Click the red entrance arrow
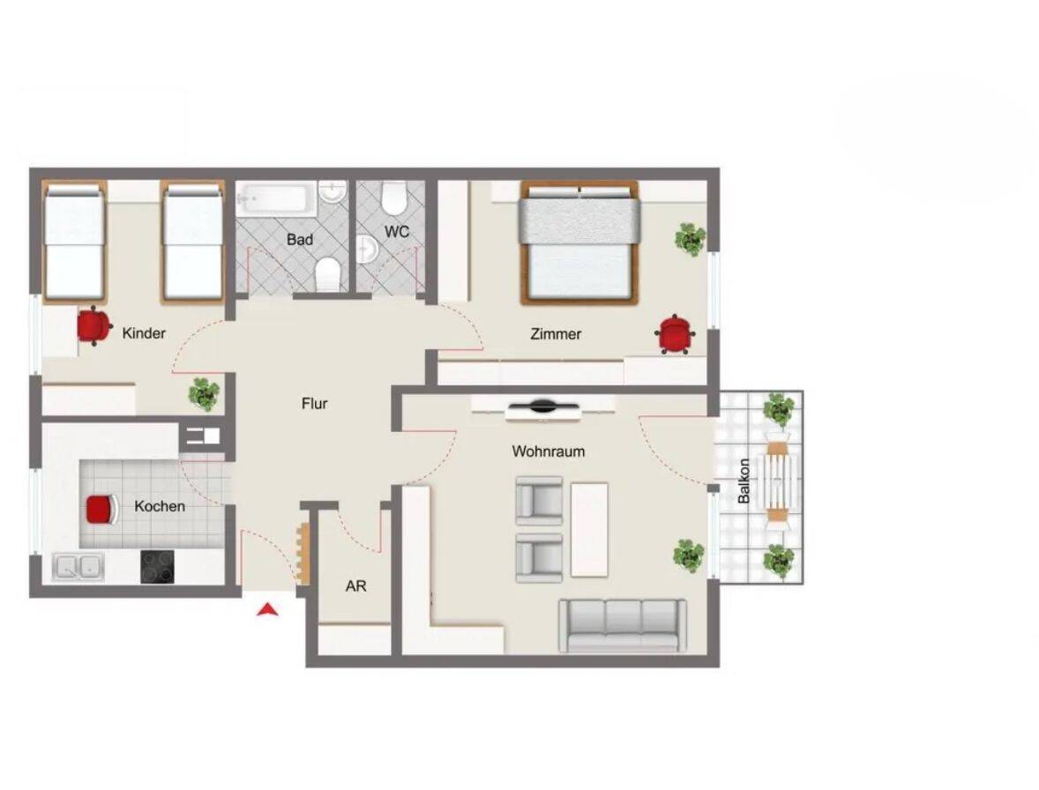coord(268,610)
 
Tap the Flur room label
coord(314,403)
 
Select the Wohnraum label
coord(548,451)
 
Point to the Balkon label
coord(744,481)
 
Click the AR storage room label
coord(355,586)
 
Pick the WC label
coord(396,232)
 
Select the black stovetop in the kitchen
coord(158,567)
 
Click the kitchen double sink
coord(78,567)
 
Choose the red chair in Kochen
coord(101,510)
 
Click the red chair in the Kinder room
coord(93,326)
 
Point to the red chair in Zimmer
coord(676,334)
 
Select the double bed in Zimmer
coord(579,243)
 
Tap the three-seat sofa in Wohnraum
coord(623,625)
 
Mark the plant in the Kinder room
coord(204,394)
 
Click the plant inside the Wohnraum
coord(689,555)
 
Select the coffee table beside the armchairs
coord(589,530)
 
